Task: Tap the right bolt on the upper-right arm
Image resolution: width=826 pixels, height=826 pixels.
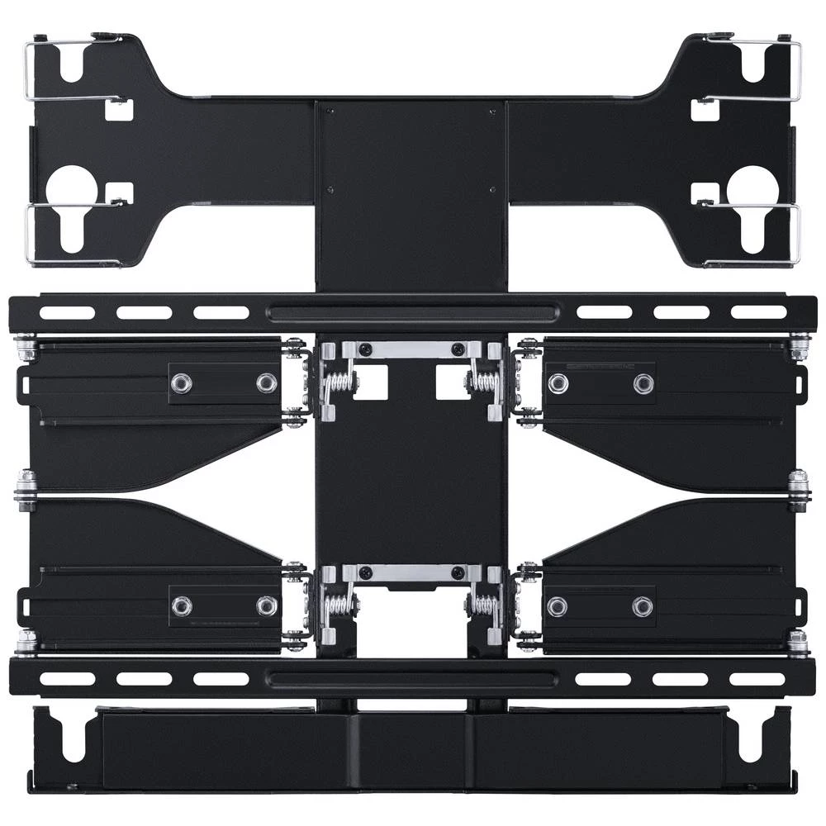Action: (643, 383)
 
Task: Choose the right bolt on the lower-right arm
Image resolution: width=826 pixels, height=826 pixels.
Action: (643, 606)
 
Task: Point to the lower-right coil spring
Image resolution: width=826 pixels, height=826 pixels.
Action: (484, 605)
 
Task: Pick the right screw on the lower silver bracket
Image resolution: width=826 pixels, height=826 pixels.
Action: (456, 572)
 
